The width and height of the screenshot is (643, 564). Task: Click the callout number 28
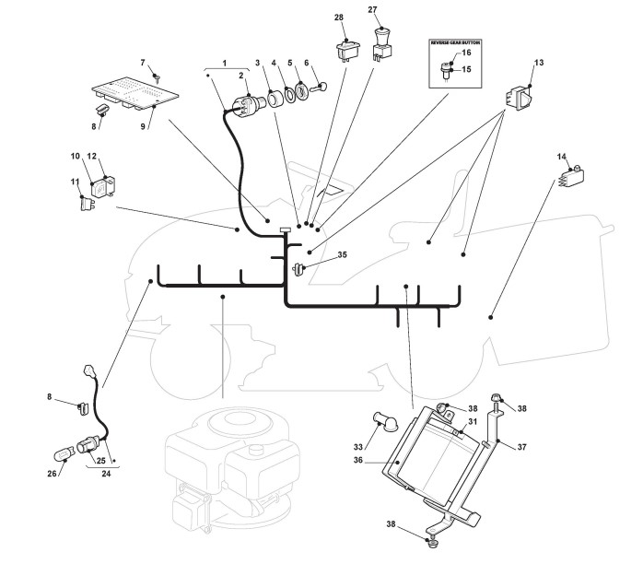tap(338, 18)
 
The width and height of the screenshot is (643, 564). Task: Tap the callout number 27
tap(373, 10)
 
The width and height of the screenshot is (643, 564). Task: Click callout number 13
tap(539, 63)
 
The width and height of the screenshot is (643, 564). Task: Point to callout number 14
tap(561, 159)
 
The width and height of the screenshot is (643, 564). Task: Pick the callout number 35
tap(342, 253)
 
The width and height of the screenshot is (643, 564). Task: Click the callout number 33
tap(358, 447)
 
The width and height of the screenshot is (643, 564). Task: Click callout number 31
tap(472, 421)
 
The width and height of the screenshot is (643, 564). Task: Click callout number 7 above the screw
tap(143, 62)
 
